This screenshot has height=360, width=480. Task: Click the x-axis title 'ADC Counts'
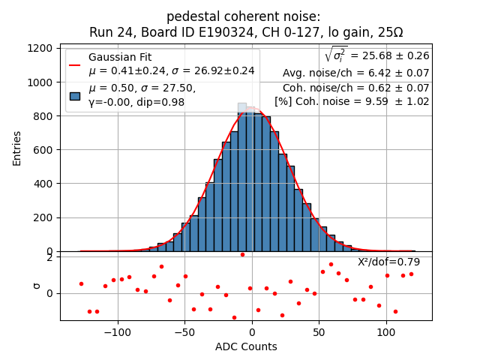pos(246,346)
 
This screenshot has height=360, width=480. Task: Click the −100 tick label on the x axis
pos(118,331)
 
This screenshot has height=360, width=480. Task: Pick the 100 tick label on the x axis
pos(386,331)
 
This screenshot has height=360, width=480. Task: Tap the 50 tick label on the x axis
pos(319,331)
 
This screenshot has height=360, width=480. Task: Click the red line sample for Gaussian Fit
pos(75,65)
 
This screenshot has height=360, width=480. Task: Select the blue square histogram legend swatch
pos(75,95)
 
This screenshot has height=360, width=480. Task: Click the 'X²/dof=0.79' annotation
pos(388,262)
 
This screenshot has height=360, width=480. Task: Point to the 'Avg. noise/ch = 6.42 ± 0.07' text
pos(355,73)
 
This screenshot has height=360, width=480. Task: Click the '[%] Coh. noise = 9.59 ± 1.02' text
pos(352,101)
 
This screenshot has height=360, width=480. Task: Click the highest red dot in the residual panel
pos(242,254)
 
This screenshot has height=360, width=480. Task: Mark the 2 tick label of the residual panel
pos(49,257)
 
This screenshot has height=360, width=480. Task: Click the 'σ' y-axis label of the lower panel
pos(35,286)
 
